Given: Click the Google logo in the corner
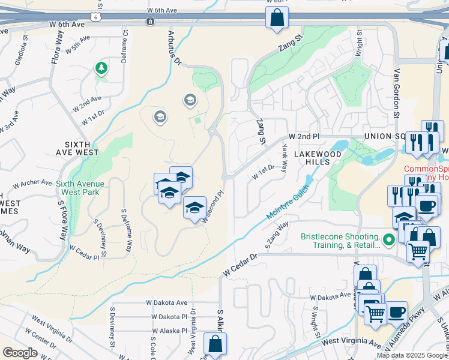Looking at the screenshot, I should (x=20, y=353).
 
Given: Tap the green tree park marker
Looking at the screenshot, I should (x=101, y=68).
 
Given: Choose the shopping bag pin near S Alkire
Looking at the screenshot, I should (x=215, y=344).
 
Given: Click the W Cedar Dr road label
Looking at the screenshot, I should (x=240, y=265).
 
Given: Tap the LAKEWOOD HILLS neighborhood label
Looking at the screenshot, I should (x=312, y=158).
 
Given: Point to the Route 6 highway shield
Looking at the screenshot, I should (x=95, y=17).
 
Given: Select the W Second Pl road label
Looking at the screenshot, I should (x=212, y=207).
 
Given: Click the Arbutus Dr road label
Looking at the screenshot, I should (x=174, y=48).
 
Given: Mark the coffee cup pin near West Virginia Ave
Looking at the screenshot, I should (x=396, y=312).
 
